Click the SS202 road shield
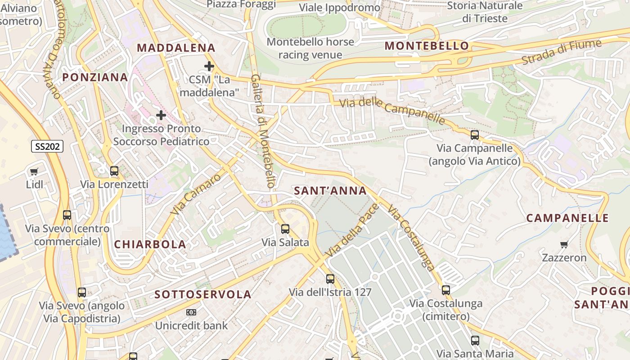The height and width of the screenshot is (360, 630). click(x=47, y=146)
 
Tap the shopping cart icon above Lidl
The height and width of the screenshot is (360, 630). click(x=34, y=171)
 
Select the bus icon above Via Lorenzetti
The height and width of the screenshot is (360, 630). click(x=114, y=171)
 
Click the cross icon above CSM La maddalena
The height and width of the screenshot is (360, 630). click(x=209, y=67)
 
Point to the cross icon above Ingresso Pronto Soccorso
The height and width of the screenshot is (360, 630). click(x=161, y=115)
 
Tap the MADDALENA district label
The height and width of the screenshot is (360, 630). click(x=176, y=48)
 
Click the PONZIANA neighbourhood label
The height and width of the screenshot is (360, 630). click(x=95, y=77)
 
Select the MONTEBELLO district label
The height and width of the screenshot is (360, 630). click(x=427, y=46)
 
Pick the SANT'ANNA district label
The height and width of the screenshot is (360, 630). click(x=330, y=191)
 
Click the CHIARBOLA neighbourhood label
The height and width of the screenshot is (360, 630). click(x=150, y=244)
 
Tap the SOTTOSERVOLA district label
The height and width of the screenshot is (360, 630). click(x=203, y=295)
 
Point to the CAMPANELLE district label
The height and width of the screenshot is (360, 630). click(x=567, y=218)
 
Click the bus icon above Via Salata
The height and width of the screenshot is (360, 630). click(x=285, y=229)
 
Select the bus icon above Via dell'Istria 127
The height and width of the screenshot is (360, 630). click(x=330, y=279)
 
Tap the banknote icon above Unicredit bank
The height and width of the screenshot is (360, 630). click(x=191, y=312)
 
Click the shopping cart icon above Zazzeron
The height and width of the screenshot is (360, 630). click(x=564, y=244)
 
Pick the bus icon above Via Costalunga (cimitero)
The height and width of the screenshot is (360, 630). click(x=446, y=290)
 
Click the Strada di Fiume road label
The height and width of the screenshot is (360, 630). click(x=562, y=52)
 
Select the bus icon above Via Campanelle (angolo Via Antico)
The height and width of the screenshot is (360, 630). click(x=474, y=135)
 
